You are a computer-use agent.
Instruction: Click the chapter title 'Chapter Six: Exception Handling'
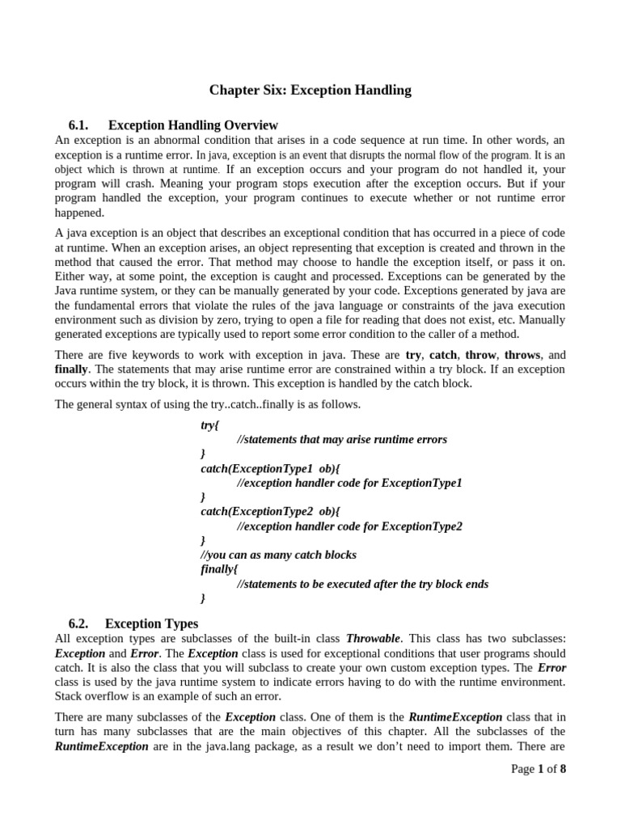click(x=310, y=91)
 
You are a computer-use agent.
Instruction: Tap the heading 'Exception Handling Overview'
click(x=192, y=125)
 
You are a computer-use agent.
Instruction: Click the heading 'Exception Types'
click(x=151, y=623)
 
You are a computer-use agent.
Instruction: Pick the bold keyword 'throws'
click(x=522, y=354)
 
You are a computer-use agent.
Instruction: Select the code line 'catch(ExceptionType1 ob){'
click(x=270, y=468)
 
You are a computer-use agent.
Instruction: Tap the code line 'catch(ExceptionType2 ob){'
click(x=270, y=512)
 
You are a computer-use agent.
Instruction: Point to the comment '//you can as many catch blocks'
click(x=278, y=555)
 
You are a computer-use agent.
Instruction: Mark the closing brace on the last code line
click(x=203, y=598)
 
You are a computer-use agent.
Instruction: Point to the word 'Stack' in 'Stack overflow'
click(x=70, y=696)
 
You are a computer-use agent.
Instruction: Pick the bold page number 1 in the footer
click(x=540, y=769)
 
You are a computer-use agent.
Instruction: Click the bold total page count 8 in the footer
click(x=563, y=769)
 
